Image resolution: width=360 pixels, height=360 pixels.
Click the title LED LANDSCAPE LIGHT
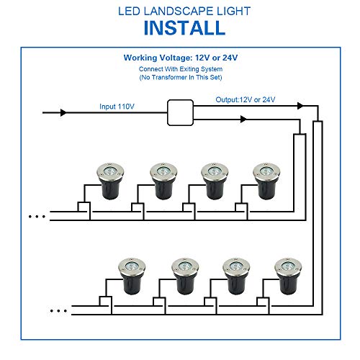pos(179,10)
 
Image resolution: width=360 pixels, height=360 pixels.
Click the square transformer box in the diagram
pos(181,112)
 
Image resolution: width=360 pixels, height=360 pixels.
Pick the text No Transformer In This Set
pos(180,77)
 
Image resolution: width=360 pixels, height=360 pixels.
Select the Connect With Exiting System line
pos(180,68)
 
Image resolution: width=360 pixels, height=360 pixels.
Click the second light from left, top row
pos(163,180)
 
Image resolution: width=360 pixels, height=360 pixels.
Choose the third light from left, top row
pos(214,180)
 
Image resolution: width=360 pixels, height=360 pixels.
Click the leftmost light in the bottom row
pos(131,276)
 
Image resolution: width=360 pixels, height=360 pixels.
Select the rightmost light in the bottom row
pos(287,276)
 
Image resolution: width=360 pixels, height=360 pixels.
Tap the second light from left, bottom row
pos(184,276)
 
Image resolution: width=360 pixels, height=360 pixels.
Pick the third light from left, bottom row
pos(235,276)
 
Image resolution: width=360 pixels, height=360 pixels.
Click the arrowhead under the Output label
pos(242,119)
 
